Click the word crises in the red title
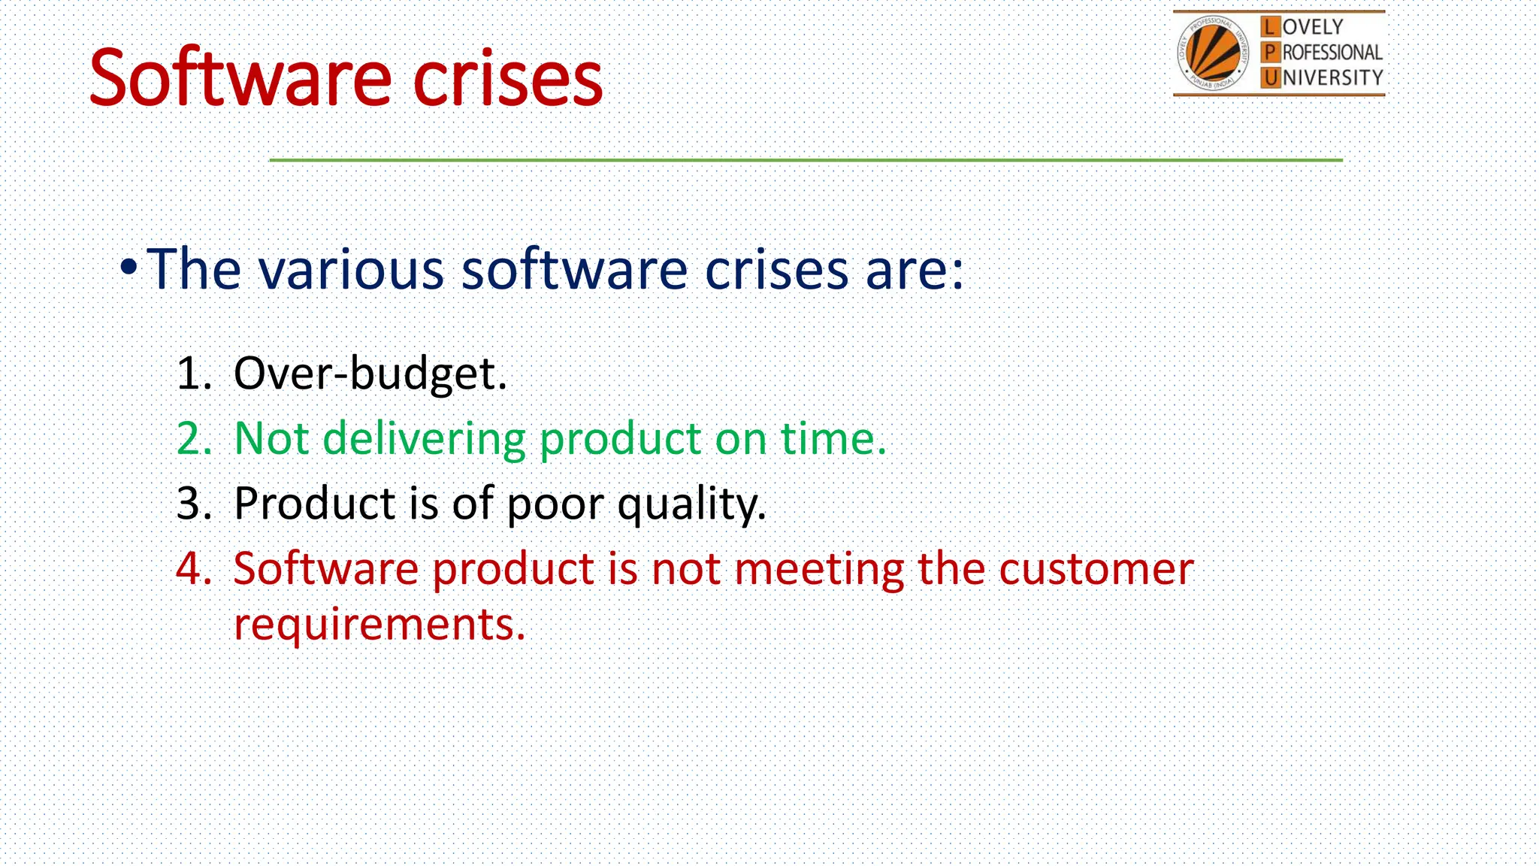pos(508,77)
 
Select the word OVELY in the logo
pos(1313,27)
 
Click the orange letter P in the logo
pos(1270,52)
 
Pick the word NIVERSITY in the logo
pos(1332,77)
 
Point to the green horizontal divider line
pos(806,160)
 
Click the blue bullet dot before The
pos(129,266)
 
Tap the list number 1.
pos(194,373)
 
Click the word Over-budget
pos(370,374)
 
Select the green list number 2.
pos(194,438)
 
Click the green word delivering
pos(424,439)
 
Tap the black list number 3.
pos(194,503)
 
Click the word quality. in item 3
pos(691,504)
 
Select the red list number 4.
pos(194,568)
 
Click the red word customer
pos(1096,569)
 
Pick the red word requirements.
pos(379,625)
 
